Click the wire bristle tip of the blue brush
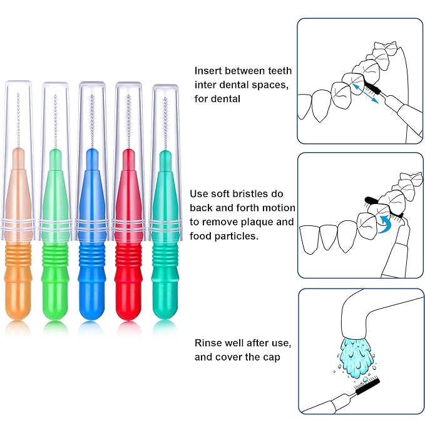coord(92,119)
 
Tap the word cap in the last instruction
coord(270,357)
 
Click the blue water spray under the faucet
coord(354,351)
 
